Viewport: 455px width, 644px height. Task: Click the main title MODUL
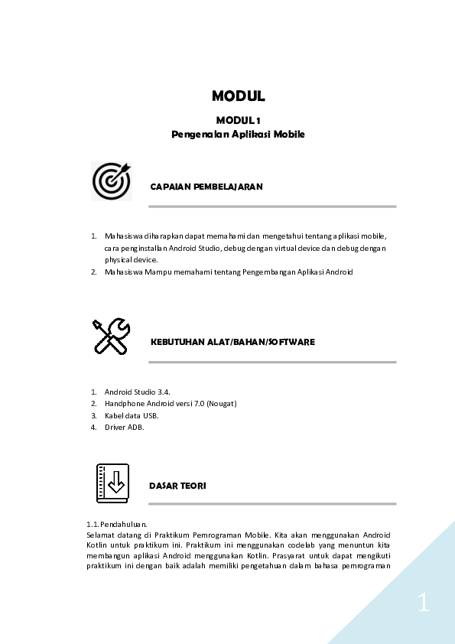pyautogui.click(x=239, y=96)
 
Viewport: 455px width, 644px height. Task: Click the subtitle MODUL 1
pyautogui.click(x=239, y=120)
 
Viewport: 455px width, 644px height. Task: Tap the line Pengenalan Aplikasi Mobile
pyautogui.click(x=239, y=134)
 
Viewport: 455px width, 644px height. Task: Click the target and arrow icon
pyautogui.click(x=112, y=181)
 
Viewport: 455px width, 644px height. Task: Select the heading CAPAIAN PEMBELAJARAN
pyautogui.click(x=206, y=187)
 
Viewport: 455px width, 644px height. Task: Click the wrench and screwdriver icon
pyautogui.click(x=112, y=336)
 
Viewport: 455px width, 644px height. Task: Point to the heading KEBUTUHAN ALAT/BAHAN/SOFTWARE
pyautogui.click(x=232, y=342)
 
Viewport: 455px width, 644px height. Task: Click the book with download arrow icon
pyautogui.click(x=112, y=483)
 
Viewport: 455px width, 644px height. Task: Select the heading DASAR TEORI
pyautogui.click(x=177, y=486)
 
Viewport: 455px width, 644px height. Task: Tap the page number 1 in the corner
pyautogui.click(x=423, y=603)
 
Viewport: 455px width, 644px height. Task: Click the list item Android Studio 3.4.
pyautogui.click(x=137, y=392)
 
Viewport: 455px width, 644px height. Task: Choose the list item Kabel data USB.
pyautogui.click(x=131, y=415)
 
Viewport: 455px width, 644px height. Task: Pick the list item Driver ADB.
pyautogui.click(x=125, y=428)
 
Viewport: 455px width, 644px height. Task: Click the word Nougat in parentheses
pyautogui.click(x=222, y=403)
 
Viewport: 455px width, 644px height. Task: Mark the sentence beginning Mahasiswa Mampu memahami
pyautogui.click(x=229, y=272)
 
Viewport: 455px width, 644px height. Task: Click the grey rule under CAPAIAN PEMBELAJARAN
pyautogui.click(x=273, y=207)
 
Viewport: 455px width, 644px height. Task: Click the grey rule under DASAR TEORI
pyautogui.click(x=273, y=504)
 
